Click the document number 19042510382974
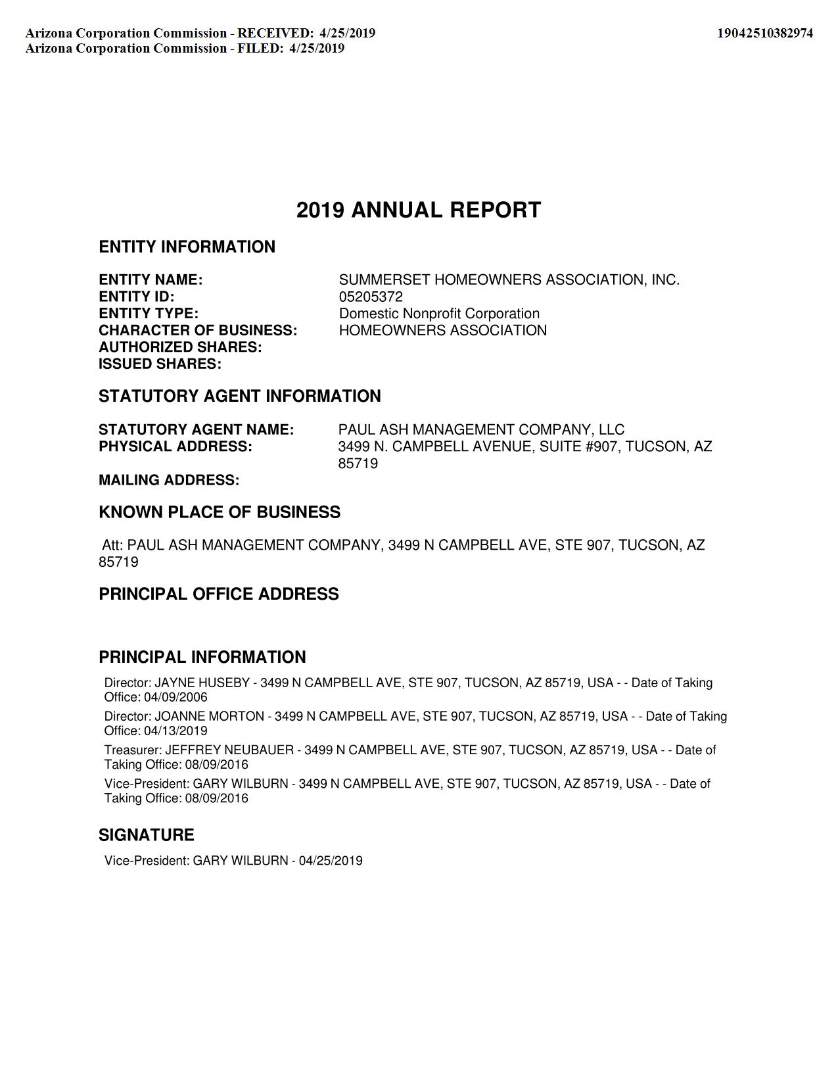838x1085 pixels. coord(764,33)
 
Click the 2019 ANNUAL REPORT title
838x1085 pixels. coord(419,210)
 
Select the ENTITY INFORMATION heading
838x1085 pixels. coord(187,247)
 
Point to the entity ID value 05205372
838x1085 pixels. coord(371,297)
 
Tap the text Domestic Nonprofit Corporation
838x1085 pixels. coord(439,314)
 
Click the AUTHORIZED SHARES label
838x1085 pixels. coord(180,347)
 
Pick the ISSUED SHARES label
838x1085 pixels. coord(160,364)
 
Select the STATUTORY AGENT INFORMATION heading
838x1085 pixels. coord(239,396)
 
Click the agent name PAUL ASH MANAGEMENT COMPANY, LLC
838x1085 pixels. coord(481,429)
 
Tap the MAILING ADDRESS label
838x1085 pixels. coord(169,480)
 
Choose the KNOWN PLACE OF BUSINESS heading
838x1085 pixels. coord(220,512)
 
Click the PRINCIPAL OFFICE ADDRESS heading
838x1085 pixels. coord(219,594)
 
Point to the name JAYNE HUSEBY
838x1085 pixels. coord(202,683)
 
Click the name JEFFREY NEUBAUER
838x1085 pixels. coord(229,750)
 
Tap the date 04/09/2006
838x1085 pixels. coord(175,697)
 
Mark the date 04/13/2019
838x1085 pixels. coord(175,731)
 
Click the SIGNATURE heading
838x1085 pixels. coord(147,835)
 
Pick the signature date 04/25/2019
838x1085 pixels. coord(331,861)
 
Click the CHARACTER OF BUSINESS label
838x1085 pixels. coord(198,330)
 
